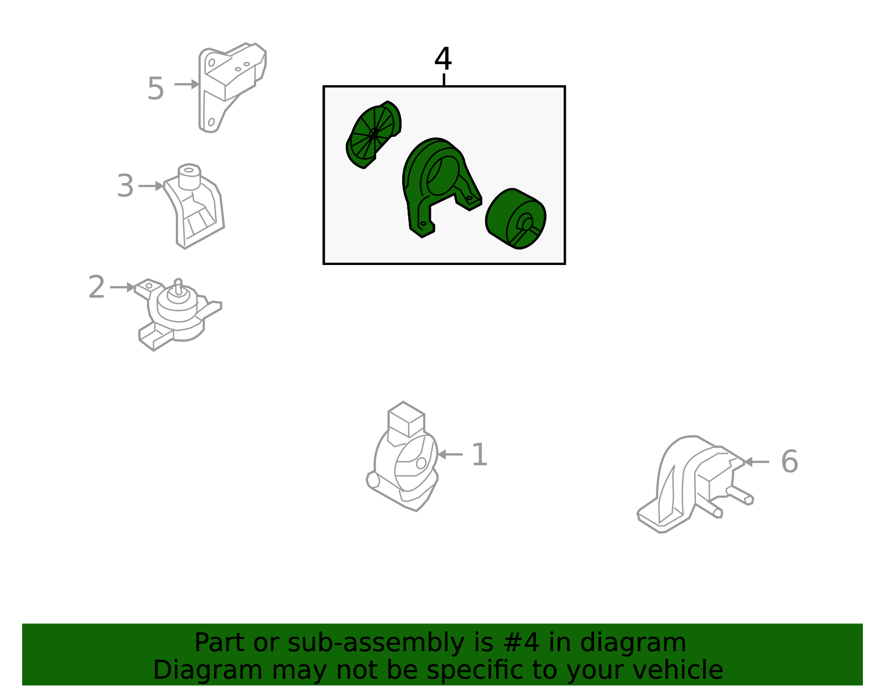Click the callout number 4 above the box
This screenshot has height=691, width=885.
click(x=442, y=59)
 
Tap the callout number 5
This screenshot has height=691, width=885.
click(x=155, y=89)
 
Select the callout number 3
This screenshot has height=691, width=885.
click(x=125, y=186)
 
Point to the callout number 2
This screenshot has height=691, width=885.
click(x=97, y=287)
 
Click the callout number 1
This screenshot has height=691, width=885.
click(x=480, y=454)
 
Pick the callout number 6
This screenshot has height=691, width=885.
click(x=790, y=461)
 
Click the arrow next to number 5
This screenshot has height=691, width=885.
click(x=186, y=84)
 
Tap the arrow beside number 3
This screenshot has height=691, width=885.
click(x=151, y=186)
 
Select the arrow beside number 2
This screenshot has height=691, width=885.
click(x=123, y=287)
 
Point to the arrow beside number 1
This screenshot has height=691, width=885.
click(x=450, y=454)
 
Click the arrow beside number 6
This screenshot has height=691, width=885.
click(x=757, y=462)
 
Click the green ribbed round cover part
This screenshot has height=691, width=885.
click(x=373, y=134)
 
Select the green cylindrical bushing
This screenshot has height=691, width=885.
click(x=516, y=219)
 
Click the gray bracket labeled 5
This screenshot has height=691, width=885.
click(x=232, y=87)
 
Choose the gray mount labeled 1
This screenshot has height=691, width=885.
click(x=402, y=456)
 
